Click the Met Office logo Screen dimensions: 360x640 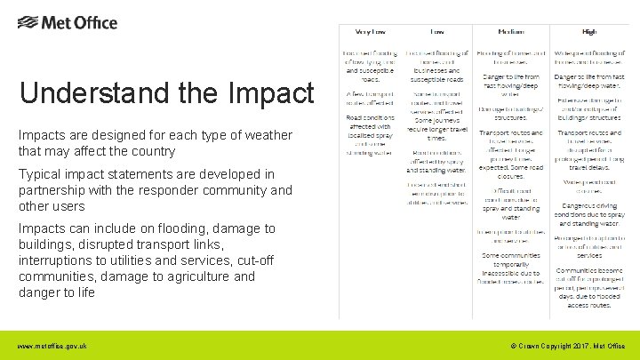[67, 22]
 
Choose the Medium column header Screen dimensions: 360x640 [509, 31]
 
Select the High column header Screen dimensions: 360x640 [588, 31]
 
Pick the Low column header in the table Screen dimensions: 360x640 [438, 31]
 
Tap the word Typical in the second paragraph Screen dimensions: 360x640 [43, 174]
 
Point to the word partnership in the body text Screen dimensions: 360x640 [54, 190]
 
